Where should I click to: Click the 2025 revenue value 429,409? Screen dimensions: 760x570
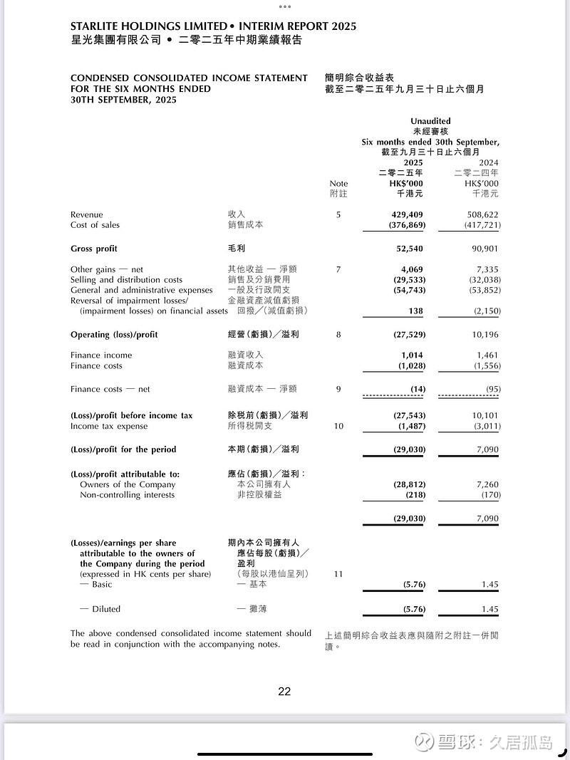(408, 214)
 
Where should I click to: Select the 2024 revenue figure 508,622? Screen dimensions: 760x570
(482, 214)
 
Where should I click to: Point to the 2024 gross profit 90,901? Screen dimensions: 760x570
(484, 249)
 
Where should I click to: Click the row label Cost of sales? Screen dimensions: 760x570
(95, 225)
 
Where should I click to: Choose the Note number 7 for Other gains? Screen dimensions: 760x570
(338, 269)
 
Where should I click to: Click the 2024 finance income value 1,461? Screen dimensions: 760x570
(487, 355)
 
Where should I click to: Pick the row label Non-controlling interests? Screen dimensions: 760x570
(127, 495)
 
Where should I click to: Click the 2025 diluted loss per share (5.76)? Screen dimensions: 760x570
(409, 609)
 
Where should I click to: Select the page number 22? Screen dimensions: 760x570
(284, 691)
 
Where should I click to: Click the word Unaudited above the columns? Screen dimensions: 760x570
(430, 121)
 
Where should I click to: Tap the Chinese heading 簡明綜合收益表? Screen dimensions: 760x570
(359, 78)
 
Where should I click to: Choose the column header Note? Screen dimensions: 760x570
(338, 184)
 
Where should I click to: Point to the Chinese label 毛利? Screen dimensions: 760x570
(227, 249)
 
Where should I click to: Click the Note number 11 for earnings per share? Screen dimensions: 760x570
(338, 574)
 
